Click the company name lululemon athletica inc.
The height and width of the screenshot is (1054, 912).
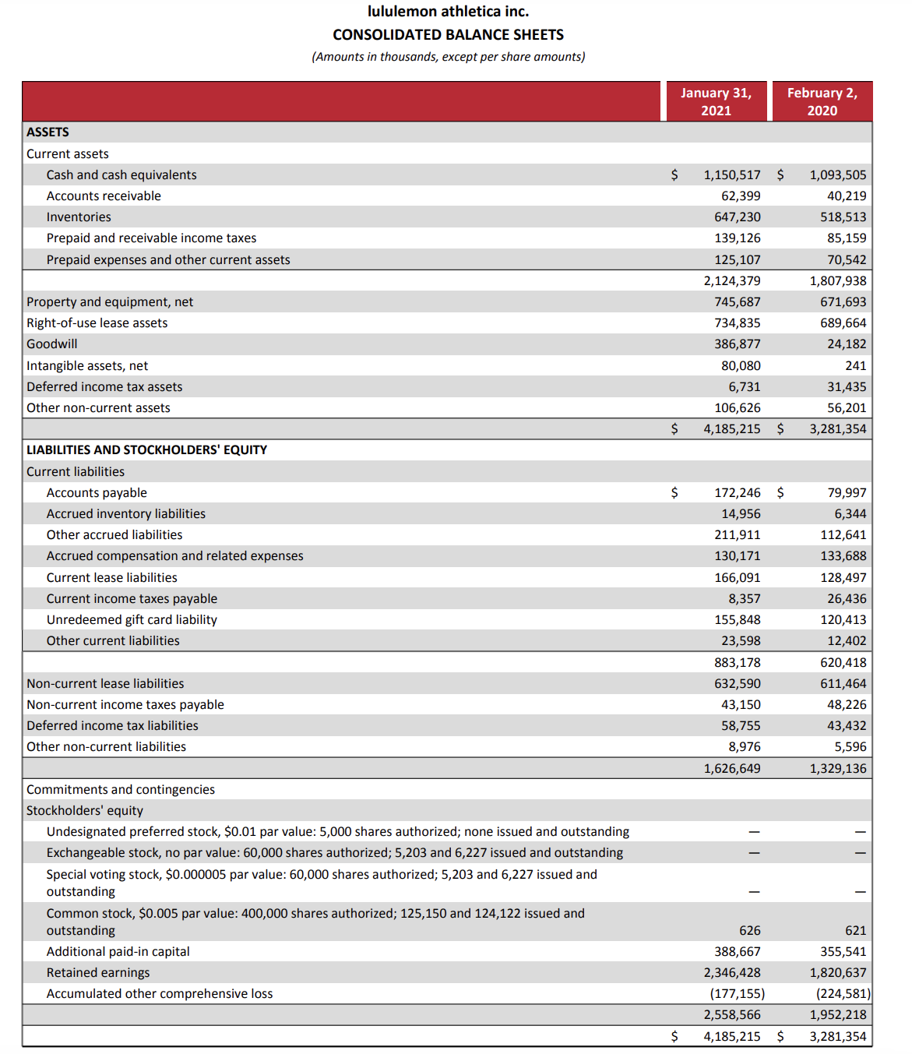(x=448, y=12)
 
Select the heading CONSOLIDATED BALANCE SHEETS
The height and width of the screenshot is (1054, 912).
(x=448, y=35)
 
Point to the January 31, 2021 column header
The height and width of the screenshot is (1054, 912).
(x=716, y=101)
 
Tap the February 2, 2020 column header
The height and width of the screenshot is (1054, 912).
(x=822, y=101)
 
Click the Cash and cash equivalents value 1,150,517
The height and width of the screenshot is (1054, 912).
(x=731, y=175)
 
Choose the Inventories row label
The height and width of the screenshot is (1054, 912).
(x=79, y=217)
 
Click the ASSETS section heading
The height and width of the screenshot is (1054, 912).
(x=48, y=132)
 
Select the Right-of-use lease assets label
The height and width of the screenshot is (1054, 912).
(x=97, y=323)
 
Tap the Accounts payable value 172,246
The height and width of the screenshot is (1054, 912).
(x=737, y=493)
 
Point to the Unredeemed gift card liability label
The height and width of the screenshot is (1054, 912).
(x=132, y=620)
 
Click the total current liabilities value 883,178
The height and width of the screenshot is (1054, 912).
(x=737, y=663)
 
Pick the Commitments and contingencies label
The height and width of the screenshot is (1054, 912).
(x=121, y=790)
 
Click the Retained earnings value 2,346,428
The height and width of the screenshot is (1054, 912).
(x=731, y=973)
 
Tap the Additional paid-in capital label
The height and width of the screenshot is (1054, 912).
(x=118, y=952)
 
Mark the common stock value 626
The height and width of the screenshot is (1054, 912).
(x=749, y=931)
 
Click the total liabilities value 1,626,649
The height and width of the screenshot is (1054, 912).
(x=731, y=769)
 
